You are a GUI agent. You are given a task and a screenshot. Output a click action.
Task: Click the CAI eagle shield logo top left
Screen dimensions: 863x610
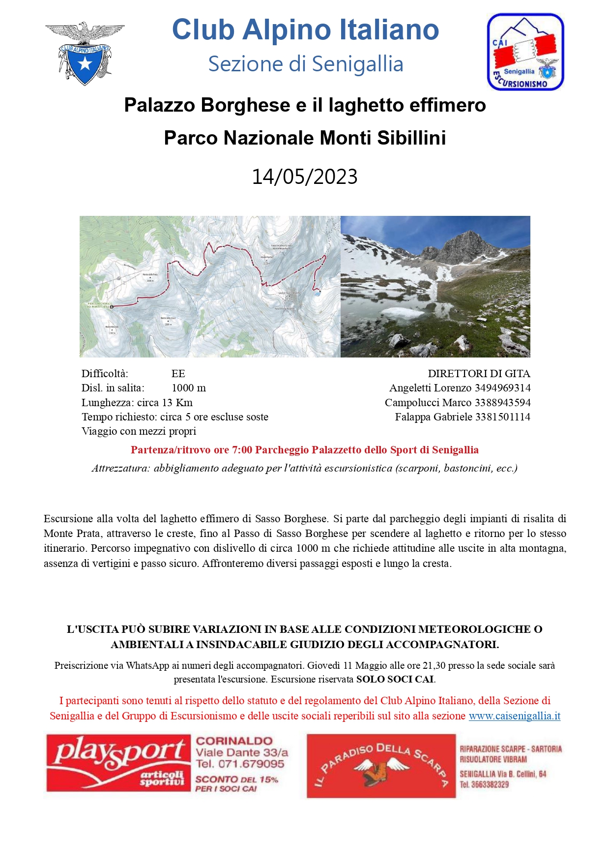pyautogui.click(x=85, y=54)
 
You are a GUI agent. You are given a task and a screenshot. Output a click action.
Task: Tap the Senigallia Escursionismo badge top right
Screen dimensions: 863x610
pyautogui.click(x=525, y=52)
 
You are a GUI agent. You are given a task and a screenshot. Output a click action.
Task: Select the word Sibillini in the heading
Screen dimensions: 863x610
pyautogui.click(x=411, y=138)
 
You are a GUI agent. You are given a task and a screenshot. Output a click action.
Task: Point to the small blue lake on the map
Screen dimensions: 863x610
pyautogui.click(x=318, y=293)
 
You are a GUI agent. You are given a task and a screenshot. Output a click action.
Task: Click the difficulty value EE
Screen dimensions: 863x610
pyautogui.click(x=178, y=374)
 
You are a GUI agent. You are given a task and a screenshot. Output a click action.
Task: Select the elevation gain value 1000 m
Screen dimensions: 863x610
pyautogui.click(x=189, y=388)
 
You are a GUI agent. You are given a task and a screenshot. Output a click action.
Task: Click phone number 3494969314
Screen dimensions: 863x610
pyautogui.click(x=502, y=388)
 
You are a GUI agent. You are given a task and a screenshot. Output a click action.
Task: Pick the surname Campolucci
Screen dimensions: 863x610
pyautogui.click(x=412, y=403)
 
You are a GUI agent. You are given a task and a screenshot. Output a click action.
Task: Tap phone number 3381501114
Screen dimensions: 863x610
pyautogui.click(x=502, y=417)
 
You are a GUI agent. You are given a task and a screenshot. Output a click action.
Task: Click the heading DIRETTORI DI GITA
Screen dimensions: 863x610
pyautogui.click(x=479, y=374)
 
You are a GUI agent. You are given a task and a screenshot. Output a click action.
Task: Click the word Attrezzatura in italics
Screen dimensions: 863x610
pyautogui.click(x=121, y=468)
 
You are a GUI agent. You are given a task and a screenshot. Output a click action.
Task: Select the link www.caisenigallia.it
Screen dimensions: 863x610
pyautogui.click(x=514, y=716)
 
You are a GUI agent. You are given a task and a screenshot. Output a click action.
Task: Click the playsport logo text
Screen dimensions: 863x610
pyautogui.click(x=119, y=753)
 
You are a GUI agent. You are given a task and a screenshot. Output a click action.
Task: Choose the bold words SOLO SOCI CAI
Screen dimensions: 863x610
pyautogui.click(x=395, y=680)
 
